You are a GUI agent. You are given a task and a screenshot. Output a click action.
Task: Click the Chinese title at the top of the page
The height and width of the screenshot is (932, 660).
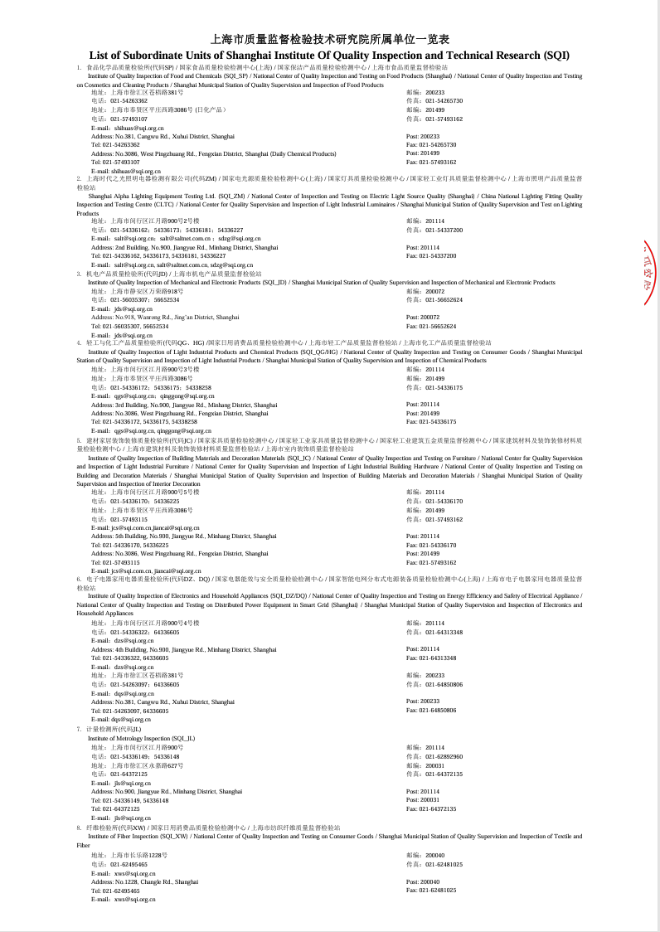(x=330, y=39)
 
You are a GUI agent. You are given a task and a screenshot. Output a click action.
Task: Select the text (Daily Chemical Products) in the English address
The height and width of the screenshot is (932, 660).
(x=303, y=153)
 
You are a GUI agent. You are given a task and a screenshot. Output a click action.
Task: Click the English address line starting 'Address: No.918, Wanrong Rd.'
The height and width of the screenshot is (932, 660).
(x=165, y=317)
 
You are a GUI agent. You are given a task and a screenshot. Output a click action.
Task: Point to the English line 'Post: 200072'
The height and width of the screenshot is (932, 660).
(x=425, y=317)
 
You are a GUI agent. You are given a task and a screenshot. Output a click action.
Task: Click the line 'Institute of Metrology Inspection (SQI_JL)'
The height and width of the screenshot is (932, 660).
(x=142, y=738)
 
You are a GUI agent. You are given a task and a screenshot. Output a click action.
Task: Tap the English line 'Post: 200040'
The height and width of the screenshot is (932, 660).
(x=425, y=881)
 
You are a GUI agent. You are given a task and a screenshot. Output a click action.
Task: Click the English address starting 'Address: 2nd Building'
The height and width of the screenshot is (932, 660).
(x=184, y=247)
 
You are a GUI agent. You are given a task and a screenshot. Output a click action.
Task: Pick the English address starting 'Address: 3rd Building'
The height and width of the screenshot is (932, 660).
(x=184, y=405)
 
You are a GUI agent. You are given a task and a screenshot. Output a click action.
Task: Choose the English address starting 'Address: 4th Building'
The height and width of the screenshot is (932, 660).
(x=184, y=649)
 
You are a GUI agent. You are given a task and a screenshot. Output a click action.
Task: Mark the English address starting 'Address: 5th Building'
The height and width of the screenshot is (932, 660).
(x=184, y=536)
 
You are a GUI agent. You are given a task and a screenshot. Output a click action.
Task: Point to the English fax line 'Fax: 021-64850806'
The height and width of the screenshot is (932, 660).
(x=431, y=710)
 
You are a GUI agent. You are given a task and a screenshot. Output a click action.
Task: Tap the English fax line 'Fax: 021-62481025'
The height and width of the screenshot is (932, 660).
(x=431, y=891)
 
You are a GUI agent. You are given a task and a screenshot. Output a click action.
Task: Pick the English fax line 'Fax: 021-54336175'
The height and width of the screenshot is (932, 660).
(x=431, y=422)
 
